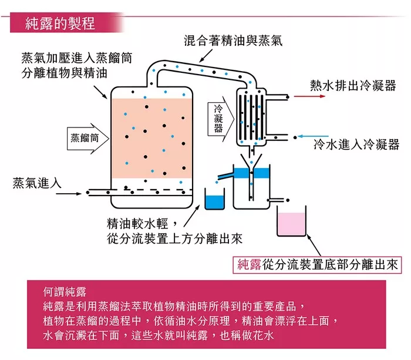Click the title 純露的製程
point(60,23)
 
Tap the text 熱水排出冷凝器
point(353,83)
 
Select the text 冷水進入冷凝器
point(356,145)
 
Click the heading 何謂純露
point(65,292)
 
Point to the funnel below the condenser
point(252,163)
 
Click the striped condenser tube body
point(249,115)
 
